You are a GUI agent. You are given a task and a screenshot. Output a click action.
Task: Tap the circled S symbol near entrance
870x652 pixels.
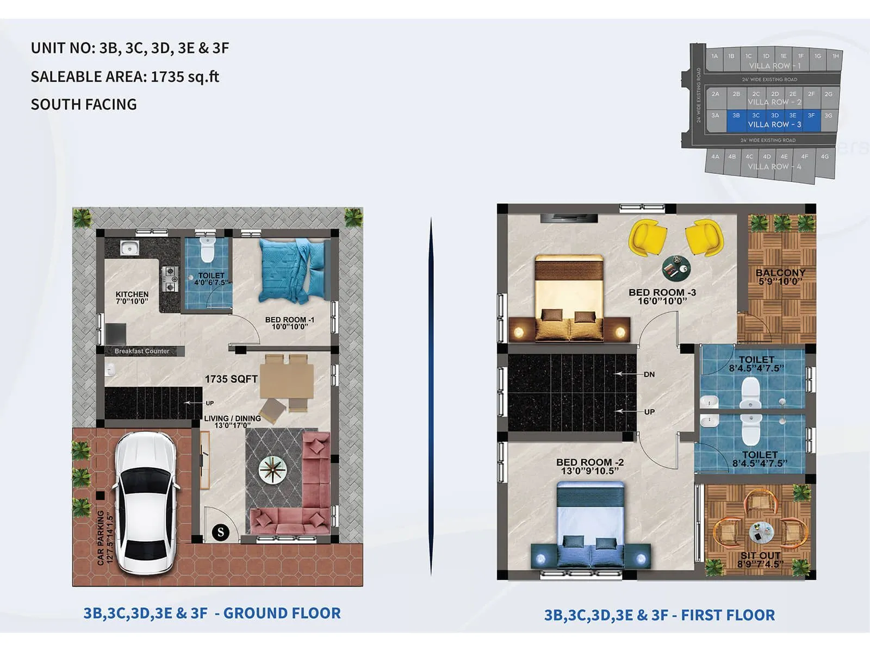[x=221, y=532]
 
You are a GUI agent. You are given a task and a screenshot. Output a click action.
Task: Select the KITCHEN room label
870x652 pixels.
[x=132, y=297]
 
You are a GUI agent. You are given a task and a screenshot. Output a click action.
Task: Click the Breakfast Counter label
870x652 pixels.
[x=141, y=351]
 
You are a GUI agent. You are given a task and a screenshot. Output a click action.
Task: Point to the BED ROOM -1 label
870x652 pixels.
[x=289, y=323]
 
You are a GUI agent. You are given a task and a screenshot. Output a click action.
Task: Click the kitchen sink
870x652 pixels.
[x=129, y=248]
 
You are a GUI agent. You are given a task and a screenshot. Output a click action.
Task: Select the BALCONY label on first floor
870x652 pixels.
[x=780, y=276]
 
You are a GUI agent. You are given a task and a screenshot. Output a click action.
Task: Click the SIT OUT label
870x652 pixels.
[x=760, y=559]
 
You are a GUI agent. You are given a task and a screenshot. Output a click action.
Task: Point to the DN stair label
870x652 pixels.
[x=649, y=374]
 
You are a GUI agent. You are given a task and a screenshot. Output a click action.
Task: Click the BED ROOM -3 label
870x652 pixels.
[x=662, y=296]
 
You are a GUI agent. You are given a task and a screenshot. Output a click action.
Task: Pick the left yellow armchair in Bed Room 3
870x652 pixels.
[x=647, y=237]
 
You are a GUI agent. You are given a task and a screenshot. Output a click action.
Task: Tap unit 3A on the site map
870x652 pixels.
[x=715, y=115]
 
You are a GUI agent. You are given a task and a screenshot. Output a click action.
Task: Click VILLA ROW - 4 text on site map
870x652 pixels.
[x=774, y=167]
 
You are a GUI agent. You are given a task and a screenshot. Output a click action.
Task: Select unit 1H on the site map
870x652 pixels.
[x=835, y=56]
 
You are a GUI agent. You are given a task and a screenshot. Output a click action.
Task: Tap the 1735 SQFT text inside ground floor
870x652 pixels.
[x=231, y=379]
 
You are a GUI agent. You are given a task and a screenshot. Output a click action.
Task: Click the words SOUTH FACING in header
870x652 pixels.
[x=84, y=104]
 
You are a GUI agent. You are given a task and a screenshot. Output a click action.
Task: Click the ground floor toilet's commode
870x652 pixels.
[x=207, y=250]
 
